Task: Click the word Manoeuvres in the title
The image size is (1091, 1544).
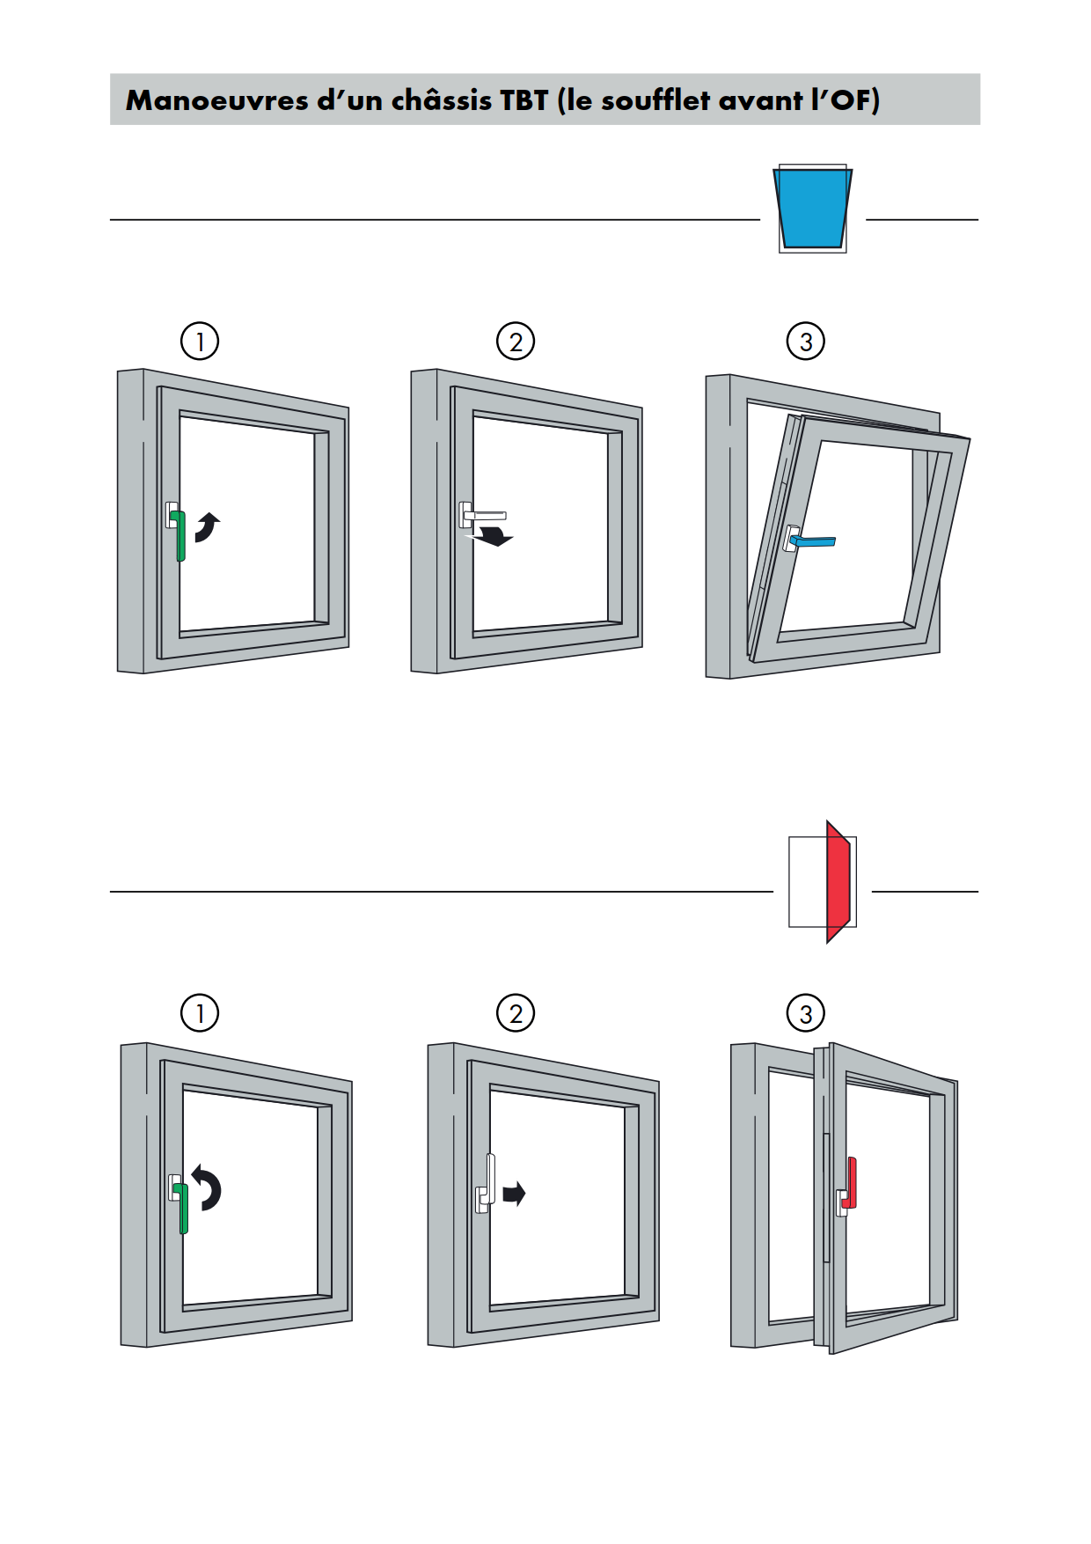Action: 216,100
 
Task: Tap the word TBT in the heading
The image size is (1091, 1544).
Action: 524,100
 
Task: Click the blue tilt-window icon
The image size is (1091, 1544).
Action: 813,209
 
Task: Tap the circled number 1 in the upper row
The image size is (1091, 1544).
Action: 200,341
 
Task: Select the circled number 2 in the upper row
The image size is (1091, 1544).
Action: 516,341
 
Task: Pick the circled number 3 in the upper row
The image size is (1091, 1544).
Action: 806,341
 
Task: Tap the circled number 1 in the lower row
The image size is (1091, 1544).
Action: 200,1013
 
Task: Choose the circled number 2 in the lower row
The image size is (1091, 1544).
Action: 516,1013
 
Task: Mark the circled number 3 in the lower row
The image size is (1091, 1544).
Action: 806,1013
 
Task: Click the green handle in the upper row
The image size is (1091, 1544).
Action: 180,536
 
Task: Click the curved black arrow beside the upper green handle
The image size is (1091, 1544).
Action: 209,528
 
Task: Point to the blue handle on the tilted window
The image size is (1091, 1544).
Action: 813,540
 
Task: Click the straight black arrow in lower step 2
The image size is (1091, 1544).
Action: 514,1194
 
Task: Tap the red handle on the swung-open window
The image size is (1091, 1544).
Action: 851,1183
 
